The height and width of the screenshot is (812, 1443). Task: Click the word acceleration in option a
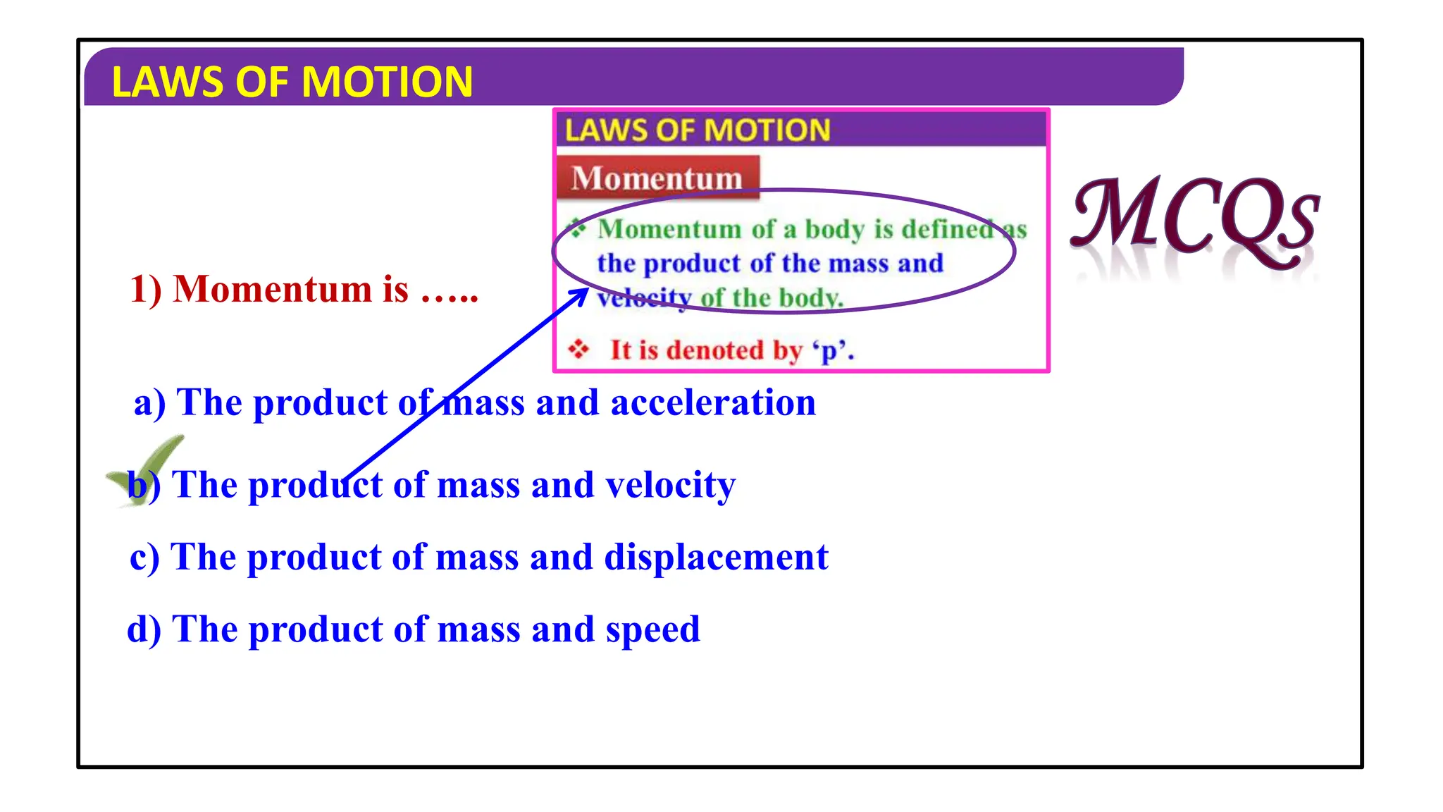click(713, 403)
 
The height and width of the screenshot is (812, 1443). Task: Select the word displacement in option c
click(716, 558)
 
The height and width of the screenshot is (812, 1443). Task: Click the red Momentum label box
click(657, 178)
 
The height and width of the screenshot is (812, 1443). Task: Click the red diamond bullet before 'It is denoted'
click(578, 349)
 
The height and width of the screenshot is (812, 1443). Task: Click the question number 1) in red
click(146, 290)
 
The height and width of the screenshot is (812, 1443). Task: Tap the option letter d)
click(144, 629)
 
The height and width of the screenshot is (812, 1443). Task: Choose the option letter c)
click(144, 558)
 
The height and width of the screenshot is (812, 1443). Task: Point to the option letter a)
click(149, 403)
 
